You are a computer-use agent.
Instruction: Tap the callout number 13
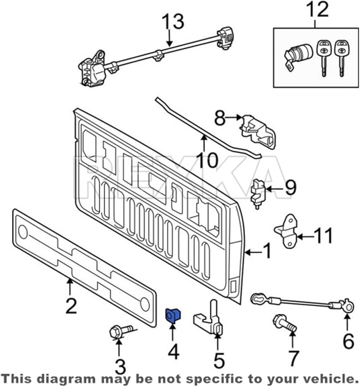tap(172, 22)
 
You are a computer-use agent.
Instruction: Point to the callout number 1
tap(267, 252)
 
